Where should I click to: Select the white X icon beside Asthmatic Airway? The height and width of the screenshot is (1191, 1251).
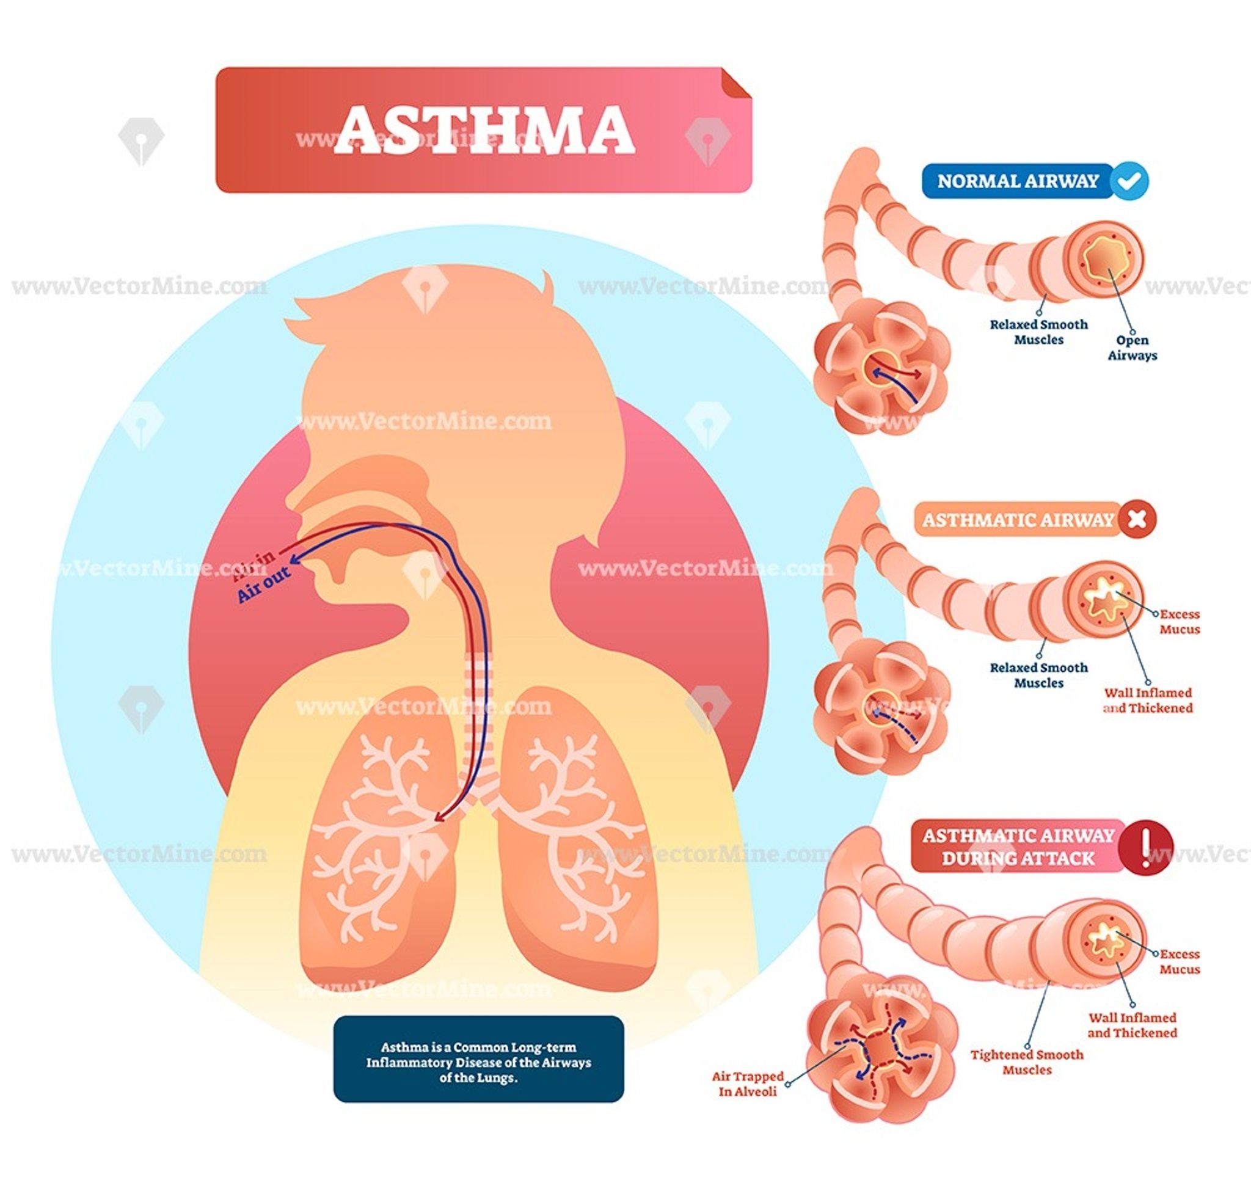(x=1137, y=520)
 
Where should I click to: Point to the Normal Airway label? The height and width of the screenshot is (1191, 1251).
(x=1018, y=181)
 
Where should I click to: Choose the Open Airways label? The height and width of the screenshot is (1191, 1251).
(x=1132, y=348)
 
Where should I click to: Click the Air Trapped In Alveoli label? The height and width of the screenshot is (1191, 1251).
(x=748, y=1084)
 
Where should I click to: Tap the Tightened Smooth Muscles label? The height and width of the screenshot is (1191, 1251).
(x=1027, y=1062)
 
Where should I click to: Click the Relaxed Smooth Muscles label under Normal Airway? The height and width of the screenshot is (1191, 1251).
(x=1039, y=332)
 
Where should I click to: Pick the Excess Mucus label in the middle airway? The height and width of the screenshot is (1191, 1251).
(x=1180, y=622)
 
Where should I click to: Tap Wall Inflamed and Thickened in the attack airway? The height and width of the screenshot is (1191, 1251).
(x=1132, y=1025)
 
